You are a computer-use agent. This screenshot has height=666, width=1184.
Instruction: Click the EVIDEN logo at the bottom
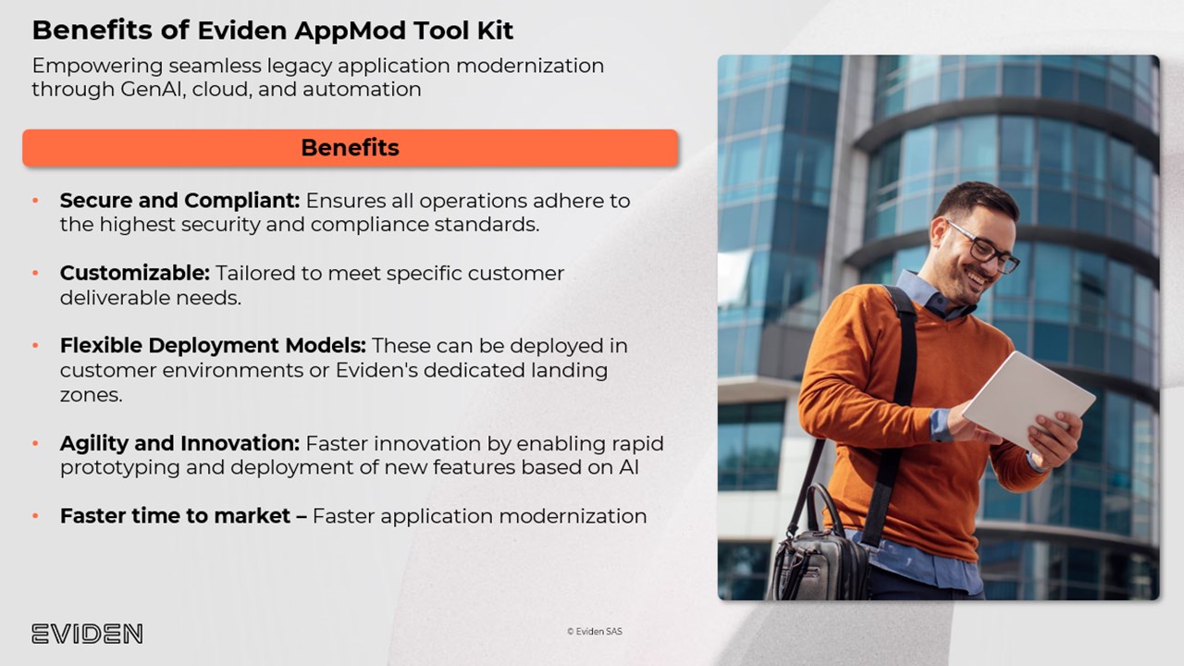point(87,634)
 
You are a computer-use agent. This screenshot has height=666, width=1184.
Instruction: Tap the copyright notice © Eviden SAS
point(595,631)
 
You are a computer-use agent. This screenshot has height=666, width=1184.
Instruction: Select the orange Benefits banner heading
point(350,148)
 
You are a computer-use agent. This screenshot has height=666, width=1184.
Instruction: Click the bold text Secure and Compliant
point(179,201)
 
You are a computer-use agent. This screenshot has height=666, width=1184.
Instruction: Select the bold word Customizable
point(135,273)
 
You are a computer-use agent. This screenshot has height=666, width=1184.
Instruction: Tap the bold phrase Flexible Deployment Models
point(213,346)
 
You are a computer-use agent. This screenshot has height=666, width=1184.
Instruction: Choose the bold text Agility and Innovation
point(179,443)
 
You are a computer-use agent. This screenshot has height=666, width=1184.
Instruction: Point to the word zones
point(91,395)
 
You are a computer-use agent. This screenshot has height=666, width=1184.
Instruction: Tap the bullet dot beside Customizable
point(35,273)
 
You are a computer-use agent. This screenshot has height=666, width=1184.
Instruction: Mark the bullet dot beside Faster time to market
point(35,516)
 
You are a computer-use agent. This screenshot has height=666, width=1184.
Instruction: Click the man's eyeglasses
point(984,247)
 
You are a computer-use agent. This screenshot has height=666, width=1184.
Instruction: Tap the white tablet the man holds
point(1029,402)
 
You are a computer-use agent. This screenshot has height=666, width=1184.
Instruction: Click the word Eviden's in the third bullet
point(376,371)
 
